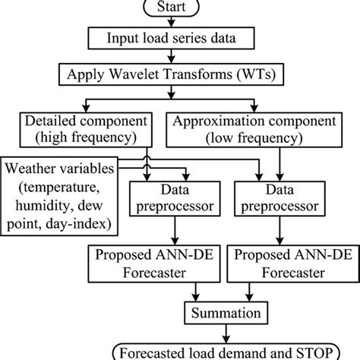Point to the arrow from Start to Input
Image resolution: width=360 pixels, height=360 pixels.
pyautogui.click(x=180, y=21)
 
